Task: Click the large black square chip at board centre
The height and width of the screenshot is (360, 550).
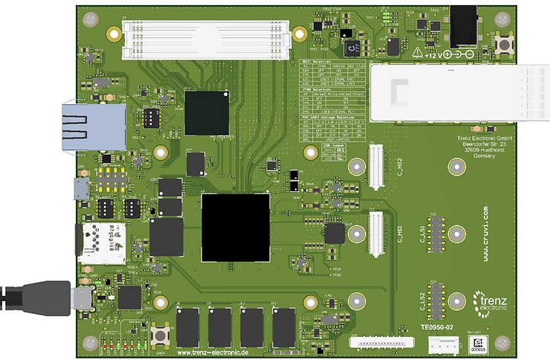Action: pyautogui.click(x=236, y=227)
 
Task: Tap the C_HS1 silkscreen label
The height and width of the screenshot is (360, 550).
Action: pyautogui.click(x=398, y=236)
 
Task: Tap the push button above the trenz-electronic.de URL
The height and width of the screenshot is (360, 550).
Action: pyautogui.click(x=159, y=335)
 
